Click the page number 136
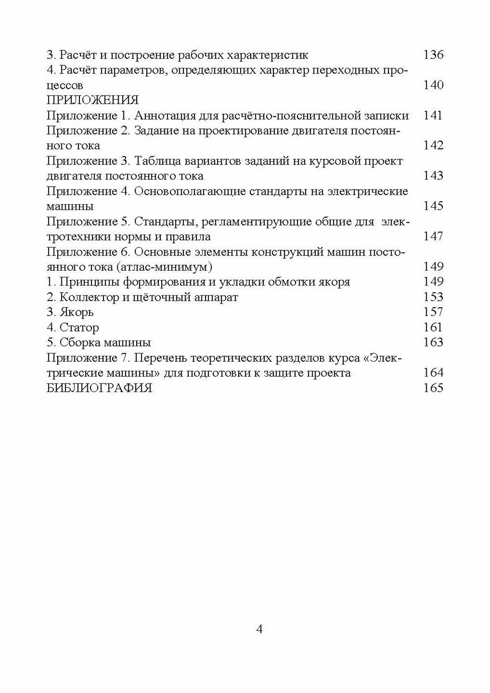point(433,55)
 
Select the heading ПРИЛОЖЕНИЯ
point(92,100)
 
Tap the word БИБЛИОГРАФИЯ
point(99,388)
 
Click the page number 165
point(433,388)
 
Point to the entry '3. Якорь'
point(70,312)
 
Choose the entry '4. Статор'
point(73,328)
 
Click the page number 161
point(433,328)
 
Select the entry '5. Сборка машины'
point(99,343)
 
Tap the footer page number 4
point(259,629)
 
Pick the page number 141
point(433,115)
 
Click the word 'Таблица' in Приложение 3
point(157,161)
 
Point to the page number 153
point(433,297)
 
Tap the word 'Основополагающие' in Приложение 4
point(190,191)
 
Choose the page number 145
point(433,206)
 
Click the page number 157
point(433,312)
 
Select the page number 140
point(433,85)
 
